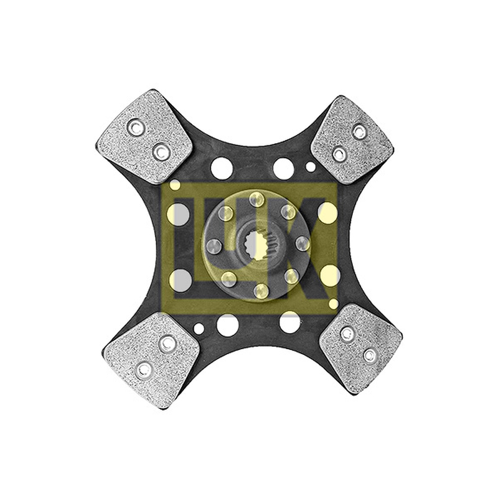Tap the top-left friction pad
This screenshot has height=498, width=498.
tap(144, 136)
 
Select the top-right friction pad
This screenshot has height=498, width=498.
tap(352, 139)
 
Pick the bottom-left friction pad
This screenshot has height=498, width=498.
tap(151, 360)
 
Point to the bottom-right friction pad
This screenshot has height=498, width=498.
tap(360, 349)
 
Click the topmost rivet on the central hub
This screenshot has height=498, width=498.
tap(256, 199)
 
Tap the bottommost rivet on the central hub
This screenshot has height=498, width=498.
tap(261, 291)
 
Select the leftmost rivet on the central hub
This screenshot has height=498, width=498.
tap(214, 247)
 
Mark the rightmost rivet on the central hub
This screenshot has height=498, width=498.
tap(303, 243)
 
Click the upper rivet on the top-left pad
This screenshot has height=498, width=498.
tap(136, 128)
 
